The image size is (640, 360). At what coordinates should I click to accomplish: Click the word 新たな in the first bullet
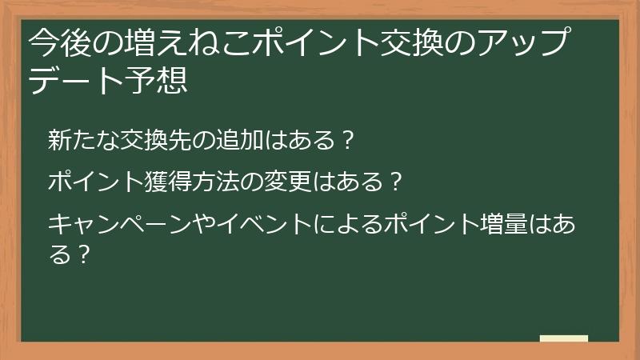coord(77,141)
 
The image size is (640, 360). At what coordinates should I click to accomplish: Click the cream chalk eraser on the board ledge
coord(564,338)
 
